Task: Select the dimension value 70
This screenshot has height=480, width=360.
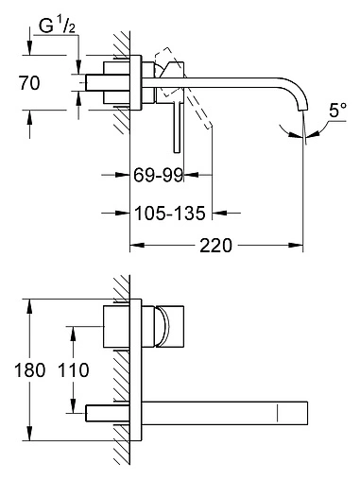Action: [29, 83]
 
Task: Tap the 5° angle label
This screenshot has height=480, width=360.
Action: [337, 111]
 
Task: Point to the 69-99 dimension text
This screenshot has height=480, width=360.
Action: [158, 175]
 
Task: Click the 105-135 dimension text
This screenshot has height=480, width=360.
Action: [170, 214]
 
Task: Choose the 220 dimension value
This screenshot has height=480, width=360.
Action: [215, 246]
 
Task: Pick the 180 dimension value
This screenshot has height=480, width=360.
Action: [30, 369]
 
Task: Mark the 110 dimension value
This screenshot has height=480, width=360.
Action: [74, 369]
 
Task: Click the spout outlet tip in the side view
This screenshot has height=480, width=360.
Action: [302, 110]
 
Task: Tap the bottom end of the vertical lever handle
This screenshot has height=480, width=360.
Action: [177, 152]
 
